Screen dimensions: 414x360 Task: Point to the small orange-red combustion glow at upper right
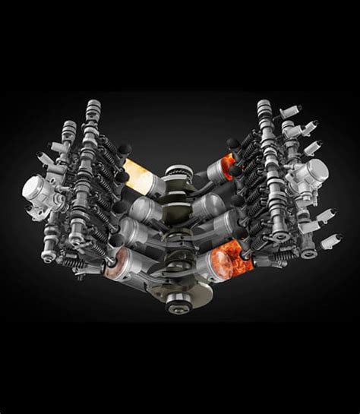pos(226,161)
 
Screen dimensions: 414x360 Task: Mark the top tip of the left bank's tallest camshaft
pos(94,106)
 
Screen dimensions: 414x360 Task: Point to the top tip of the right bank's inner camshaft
pos(264,106)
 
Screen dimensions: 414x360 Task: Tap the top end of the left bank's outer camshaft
pos(69,126)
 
